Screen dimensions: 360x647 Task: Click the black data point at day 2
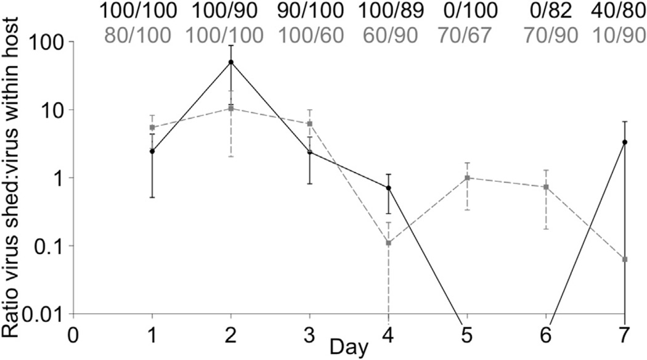[230, 62]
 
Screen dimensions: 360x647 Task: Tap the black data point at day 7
[625, 142]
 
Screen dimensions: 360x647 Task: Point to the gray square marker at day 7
[625, 260]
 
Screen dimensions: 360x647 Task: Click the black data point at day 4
[388, 187]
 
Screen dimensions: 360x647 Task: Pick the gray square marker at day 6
[546, 187]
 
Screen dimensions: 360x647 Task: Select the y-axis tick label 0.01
[44, 314]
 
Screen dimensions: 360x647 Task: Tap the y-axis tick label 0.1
[49, 246]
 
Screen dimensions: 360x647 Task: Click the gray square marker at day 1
[152, 128]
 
